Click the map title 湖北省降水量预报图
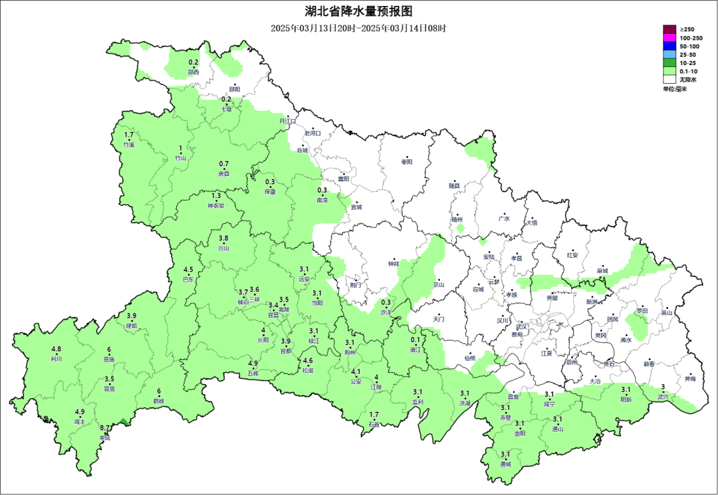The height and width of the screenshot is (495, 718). pyautogui.click(x=359, y=11)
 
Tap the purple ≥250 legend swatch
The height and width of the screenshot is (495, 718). pyautogui.click(x=669, y=29)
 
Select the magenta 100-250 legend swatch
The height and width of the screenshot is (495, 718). pyautogui.click(x=669, y=38)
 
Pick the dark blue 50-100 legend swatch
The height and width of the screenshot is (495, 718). pyautogui.click(x=669, y=47)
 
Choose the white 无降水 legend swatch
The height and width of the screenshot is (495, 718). pyautogui.click(x=669, y=79)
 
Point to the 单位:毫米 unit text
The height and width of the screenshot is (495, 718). pyautogui.click(x=675, y=88)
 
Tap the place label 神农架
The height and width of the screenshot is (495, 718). pyautogui.click(x=217, y=205)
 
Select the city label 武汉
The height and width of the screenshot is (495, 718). pyautogui.click(x=522, y=326)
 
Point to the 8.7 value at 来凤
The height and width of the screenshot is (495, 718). pyautogui.click(x=105, y=429)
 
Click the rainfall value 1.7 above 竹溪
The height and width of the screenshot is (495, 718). pyautogui.click(x=129, y=135)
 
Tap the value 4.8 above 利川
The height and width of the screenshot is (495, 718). pyautogui.click(x=57, y=349)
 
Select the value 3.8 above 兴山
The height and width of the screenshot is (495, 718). pyautogui.click(x=223, y=239)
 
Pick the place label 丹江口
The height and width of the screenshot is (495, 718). pyautogui.click(x=287, y=122)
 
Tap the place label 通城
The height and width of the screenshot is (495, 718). pyautogui.click(x=505, y=464)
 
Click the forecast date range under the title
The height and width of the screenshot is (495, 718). pyautogui.click(x=358, y=28)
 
